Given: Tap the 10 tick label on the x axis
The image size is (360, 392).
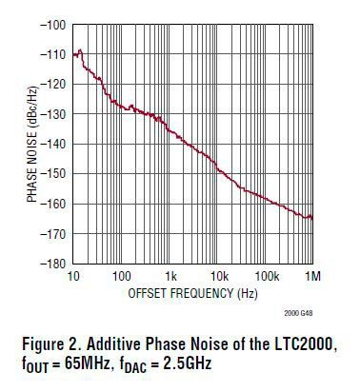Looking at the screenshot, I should (x=74, y=276).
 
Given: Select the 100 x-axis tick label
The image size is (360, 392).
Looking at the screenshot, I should (x=121, y=276).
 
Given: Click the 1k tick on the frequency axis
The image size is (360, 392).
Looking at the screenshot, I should (x=170, y=276).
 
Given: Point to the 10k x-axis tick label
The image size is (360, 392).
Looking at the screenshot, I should (x=217, y=276).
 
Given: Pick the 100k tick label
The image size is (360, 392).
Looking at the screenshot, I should (x=265, y=276).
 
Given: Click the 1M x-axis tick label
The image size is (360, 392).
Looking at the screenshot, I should (x=312, y=276).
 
